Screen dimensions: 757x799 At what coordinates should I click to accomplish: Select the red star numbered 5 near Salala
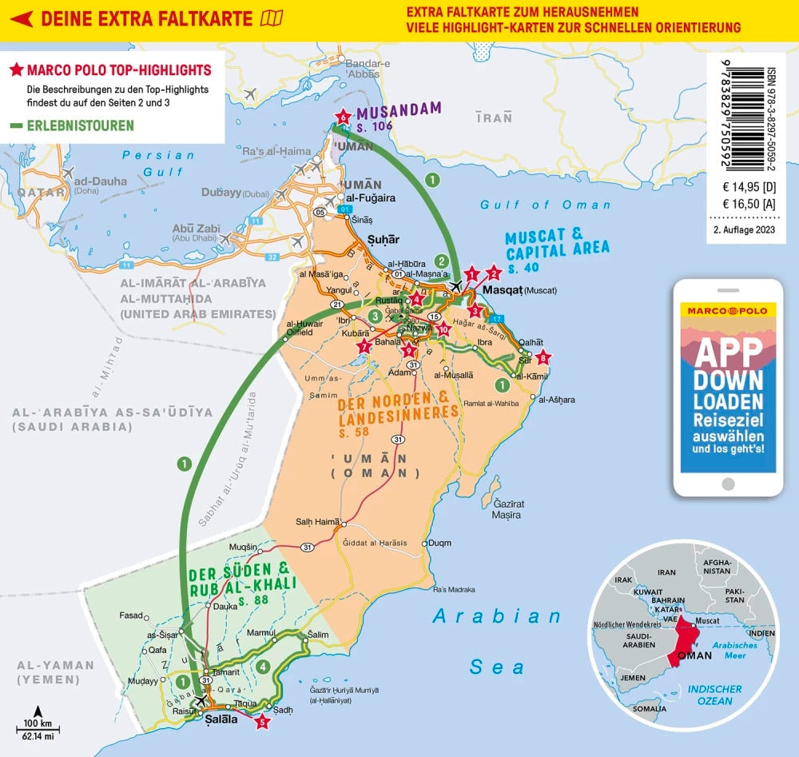pyautogui.click(x=262, y=723)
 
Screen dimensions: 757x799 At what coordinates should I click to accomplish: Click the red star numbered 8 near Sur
pyautogui.click(x=543, y=357)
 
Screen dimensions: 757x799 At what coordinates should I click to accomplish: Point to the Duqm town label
pyautogui.click(x=439, y=543)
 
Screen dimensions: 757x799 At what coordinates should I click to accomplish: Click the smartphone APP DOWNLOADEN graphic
pyautogui.click(x=726, y=387)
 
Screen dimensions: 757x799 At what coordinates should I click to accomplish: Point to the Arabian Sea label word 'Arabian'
pyautogui.click(x=498, y=616)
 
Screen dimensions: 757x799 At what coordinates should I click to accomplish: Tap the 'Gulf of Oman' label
pyautogui.click(x=534, y=205)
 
